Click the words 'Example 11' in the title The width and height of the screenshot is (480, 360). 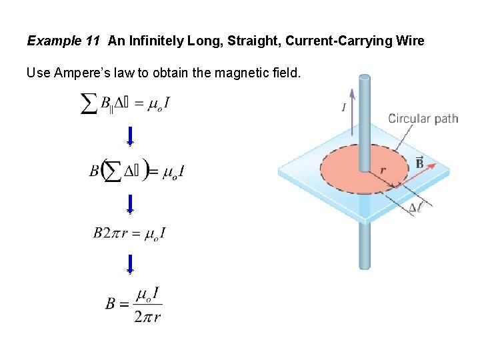click(x=63, y=41)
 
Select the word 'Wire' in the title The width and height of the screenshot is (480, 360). click(x=410, y=41)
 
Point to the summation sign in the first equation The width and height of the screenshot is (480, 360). click(x=89, y=103)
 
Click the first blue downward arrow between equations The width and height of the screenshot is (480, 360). click(x=130, y=135)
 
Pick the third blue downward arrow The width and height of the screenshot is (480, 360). click(x=130, y=264)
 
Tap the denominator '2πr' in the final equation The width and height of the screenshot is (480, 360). click(x=147, y=317)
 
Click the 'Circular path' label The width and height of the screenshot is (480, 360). click(x=423, y=119)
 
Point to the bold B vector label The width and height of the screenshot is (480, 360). click(x=419, y=162)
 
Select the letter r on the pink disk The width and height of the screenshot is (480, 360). click(x=383, y=171)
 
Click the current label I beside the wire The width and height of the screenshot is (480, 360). click(x=343, y=107)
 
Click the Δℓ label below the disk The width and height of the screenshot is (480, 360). click(x=415, y=207)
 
